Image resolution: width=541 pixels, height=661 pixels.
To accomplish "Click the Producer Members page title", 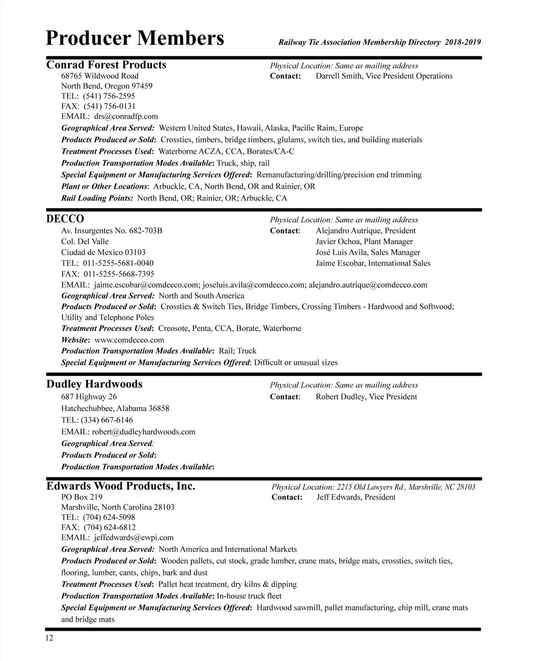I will [x=135, y=38].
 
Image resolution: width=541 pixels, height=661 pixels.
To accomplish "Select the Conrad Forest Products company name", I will [x=106, y=65].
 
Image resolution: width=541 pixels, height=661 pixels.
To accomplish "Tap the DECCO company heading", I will [x=65, y=219].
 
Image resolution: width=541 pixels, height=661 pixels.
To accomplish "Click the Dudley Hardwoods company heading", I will [x=94, y=384].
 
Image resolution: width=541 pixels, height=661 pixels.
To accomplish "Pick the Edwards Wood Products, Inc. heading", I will [x=121, y=486].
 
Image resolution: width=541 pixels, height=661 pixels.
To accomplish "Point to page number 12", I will [x=49, y=638].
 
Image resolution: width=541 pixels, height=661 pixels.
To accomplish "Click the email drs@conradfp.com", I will [x=126, y=116].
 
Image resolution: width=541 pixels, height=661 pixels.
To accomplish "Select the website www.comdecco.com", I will [x=129, y=340].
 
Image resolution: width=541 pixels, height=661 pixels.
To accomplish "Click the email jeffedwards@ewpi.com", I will [x=133, y=537].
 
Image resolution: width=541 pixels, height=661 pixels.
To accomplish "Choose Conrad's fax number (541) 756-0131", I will [x=110, y=106].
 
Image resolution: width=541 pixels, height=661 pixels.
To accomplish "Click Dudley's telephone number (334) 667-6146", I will [x=107, y=420].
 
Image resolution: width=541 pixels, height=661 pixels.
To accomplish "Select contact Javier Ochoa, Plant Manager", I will [x=364, y=242].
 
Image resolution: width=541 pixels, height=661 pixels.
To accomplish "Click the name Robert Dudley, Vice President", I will [x=366, y=397].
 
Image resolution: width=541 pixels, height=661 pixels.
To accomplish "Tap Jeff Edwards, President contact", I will [x=356, y=497].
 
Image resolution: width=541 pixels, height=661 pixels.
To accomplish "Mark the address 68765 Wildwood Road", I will [x=100, y=76].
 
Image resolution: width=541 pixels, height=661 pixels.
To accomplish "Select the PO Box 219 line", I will [x=82, y=497].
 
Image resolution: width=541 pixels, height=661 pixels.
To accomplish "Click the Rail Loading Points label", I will [x=97, y=198].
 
